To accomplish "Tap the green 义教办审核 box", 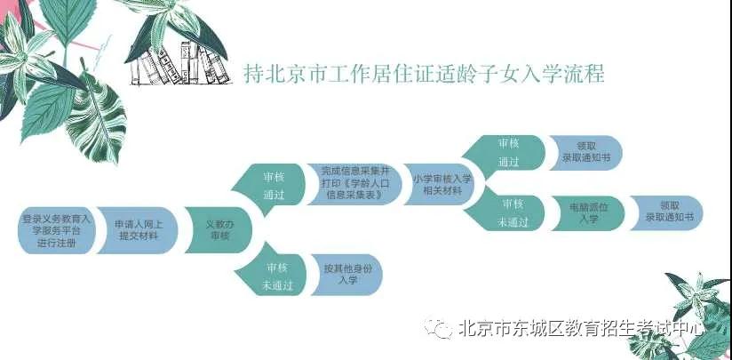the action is point(218,230).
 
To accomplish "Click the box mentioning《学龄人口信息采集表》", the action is point(354,184).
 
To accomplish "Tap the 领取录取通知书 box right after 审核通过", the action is point(585,153).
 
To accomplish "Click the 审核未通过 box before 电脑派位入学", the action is point(505,213).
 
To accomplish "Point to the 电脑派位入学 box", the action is point(587,213).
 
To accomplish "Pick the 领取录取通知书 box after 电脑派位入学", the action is point(666,213).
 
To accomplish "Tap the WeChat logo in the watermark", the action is point(438,328).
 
